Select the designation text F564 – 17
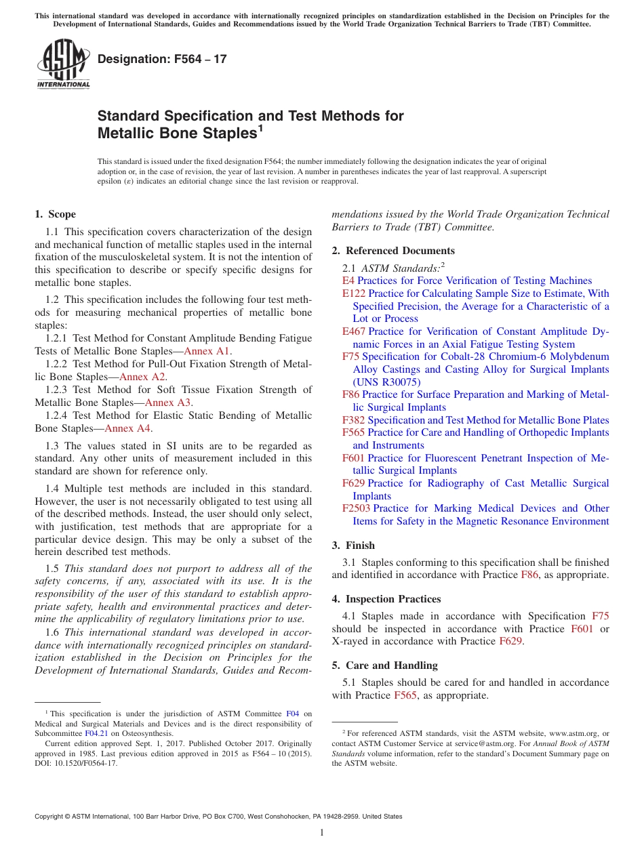pos(162,59)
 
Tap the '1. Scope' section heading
pos(56,214)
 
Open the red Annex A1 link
pos(207,351)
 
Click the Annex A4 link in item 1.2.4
pos(127,428)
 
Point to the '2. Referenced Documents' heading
pos(393,251)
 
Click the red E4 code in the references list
pos(348,281)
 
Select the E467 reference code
pos(354,331)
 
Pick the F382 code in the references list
pos(354,420)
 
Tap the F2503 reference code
pos(357,508)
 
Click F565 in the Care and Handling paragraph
pos(405,695)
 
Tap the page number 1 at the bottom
pos(322,832)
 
